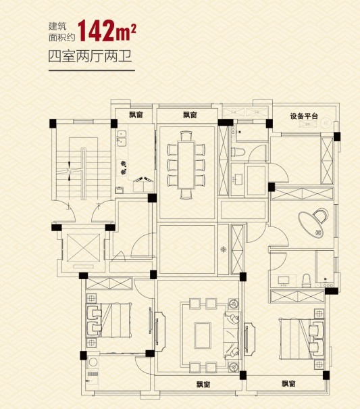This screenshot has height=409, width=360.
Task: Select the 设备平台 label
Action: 303,116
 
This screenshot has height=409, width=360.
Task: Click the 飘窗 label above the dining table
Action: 189,116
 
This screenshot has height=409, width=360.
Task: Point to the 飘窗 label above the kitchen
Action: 135,116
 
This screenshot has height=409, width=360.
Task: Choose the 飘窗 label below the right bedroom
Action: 290,384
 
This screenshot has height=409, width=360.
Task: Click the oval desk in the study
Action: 315,222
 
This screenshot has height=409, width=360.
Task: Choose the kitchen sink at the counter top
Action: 122,140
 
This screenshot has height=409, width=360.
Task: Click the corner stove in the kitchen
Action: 142,181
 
